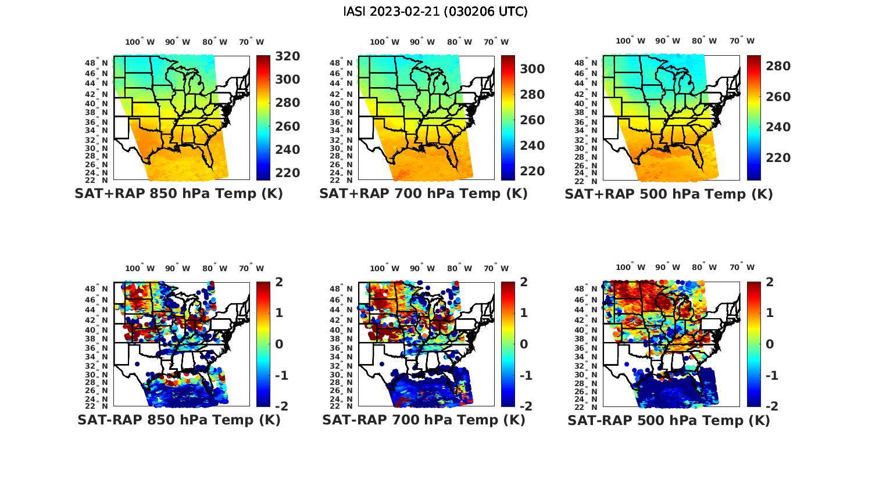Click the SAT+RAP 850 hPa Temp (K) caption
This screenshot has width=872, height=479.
(x=178, y=194)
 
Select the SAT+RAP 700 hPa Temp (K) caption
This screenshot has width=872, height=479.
(x=423, y=194)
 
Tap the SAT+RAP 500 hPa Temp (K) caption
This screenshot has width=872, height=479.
(x=669, y=194)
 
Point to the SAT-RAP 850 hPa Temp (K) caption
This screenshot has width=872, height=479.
(x=178, y=420)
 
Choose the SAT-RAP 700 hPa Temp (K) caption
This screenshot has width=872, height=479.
(x=423, y=420)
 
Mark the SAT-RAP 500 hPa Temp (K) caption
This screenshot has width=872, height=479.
(x=669, y=420)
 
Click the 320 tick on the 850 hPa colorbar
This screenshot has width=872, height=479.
(x=288, y=56)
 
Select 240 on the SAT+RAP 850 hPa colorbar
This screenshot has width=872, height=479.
(x=288, y=150)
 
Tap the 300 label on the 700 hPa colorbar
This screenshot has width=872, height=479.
(x=533, y=69)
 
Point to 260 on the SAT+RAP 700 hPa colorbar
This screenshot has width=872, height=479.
(x=533, y=120)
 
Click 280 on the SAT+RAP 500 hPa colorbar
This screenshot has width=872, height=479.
(x=778, y=66)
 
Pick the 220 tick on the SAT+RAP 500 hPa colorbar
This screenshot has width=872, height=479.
(x=778, y=158)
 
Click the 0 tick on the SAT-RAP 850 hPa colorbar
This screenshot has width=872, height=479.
(x=278, y=344)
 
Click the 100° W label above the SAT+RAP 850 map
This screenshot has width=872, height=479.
(x=140, y=42)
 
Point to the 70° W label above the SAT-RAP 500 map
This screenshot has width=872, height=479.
(x=742, y=268)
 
